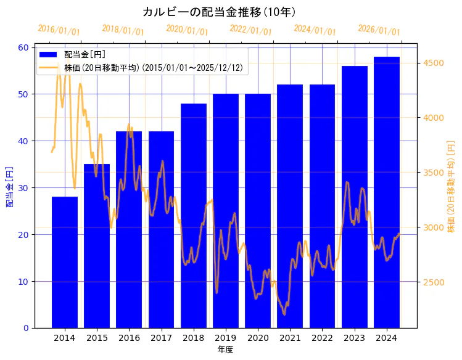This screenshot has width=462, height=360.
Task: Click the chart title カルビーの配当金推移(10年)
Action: pyautogui.click(x=219, y=12)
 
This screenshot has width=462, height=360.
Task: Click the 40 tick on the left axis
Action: pyautogui.click(x=23, y=141)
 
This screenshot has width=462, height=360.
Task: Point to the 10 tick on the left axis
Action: pyautogui.click(x=23, y=281)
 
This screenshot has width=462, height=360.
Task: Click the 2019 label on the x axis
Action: pyautogui.click(x=226, y=338)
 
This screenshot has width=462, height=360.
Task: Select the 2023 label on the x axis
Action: pyautogui.click(x=355, y=338)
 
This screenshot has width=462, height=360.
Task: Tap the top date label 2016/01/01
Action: pyautogui.click(x=59, y=30)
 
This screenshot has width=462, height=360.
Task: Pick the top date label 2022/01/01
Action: pyautogui.click(x=251, y=30)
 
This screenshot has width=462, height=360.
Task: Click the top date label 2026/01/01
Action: pyautogui.click(x=379, y=30)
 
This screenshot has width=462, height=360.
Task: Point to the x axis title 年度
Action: pyautogui.click(x=225, y=350)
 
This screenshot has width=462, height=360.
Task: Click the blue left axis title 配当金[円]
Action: pyautogui.click(x=9, y=187)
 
